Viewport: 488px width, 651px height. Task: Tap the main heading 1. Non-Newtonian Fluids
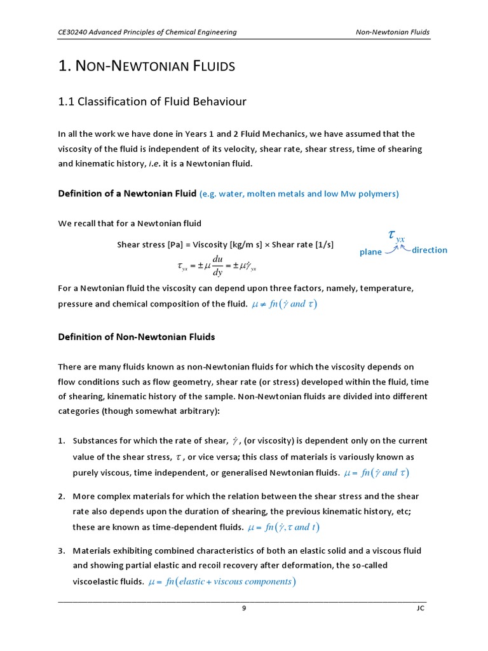[x=146, y=65]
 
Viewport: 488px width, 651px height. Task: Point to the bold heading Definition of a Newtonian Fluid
[x=127, y=193]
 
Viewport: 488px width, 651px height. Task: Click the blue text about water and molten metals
[x=299, y=194]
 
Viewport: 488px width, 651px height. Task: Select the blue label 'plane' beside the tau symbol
[x=370, y=252]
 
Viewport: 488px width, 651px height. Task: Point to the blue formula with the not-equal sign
[x=284, y=304]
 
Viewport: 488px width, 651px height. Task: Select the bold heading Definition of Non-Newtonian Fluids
[x=137, y=337]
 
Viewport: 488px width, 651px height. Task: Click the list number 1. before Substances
[x=62, y=441]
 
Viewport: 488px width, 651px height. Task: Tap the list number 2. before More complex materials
[x=62, y=496]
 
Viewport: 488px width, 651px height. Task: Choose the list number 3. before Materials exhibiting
[x=62, y=551]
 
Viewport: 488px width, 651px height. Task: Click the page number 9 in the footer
[x=243, y=608]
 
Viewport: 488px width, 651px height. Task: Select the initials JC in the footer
[x=419, y=608]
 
